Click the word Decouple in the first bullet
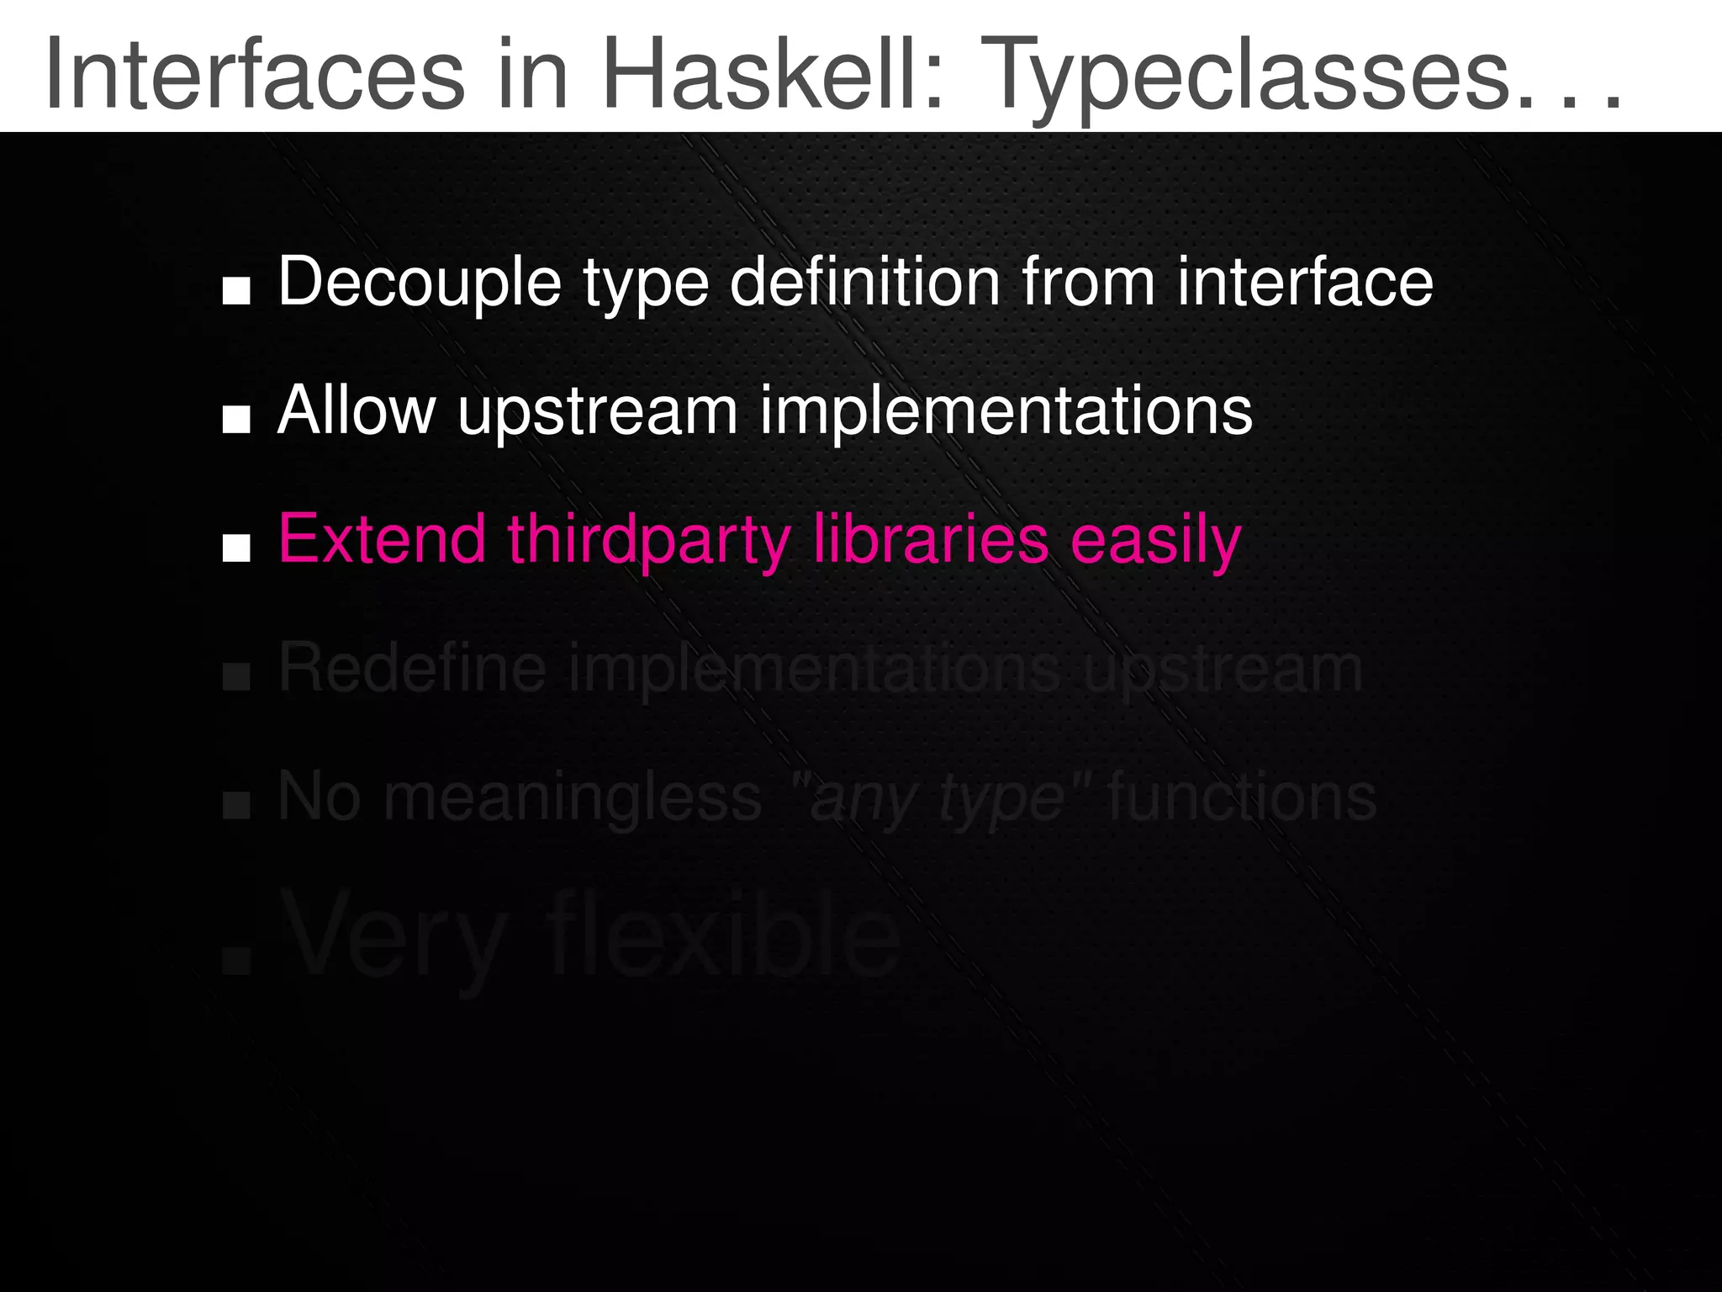tap(420, 283)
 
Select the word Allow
tap(357, 411)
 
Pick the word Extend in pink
tap(382, 539)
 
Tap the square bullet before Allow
tap(236, 419)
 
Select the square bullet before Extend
tap(236, 548)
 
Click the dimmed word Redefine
tap(412, 669)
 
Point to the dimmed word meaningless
tap(573, 797)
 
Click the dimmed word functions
tap(1242, 797)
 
